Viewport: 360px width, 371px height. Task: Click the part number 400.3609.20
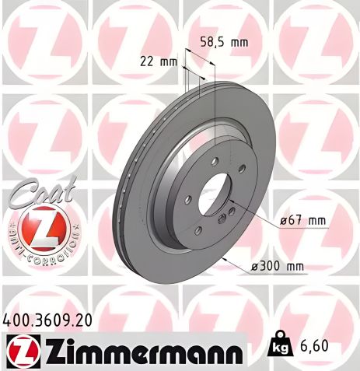pyautogui.click(x=53, y=319)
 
